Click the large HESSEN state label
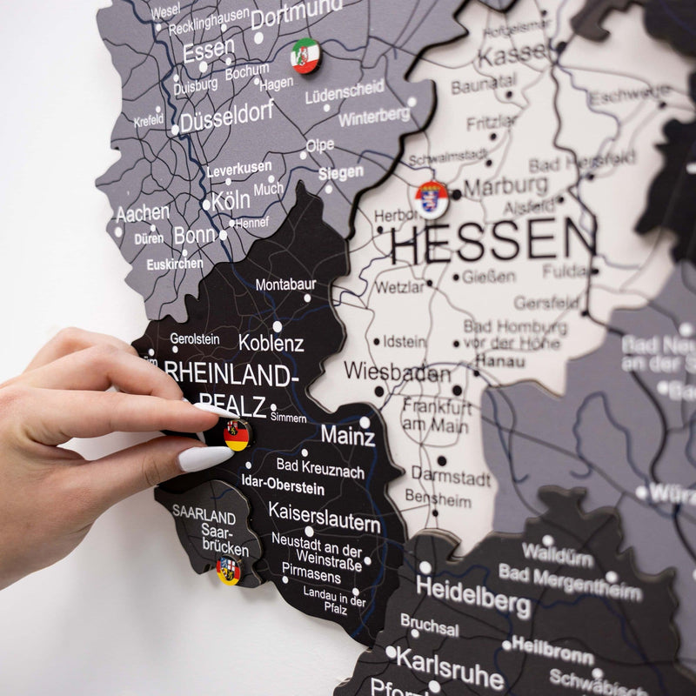click(493, 241)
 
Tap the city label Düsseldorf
click(227, 117)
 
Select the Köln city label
click(231, 200)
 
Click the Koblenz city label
click(271, 343)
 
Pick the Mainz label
click(347, 434)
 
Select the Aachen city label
click(142, 212)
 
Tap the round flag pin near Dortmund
click(305, 56)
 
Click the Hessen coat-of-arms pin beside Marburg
click(432, 199)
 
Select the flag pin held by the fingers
click(236, 434)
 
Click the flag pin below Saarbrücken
click(228, 570)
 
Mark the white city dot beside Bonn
click(223, 235)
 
